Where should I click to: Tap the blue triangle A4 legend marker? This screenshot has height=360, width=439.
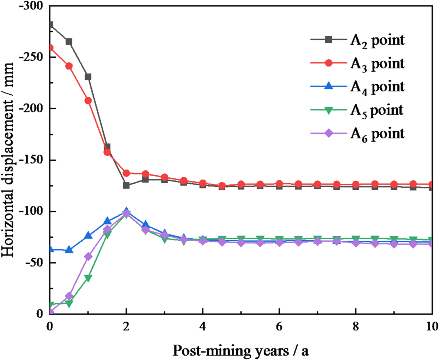coord(329,86)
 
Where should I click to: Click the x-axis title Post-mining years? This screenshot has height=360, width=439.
coord(240,350)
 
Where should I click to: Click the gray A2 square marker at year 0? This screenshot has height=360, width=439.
coord(50,25)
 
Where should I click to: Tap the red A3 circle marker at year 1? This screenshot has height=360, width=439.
coord(88,100)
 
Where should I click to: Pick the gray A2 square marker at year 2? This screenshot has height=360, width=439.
coord(126,185)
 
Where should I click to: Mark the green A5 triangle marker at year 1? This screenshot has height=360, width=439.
coord(88,278)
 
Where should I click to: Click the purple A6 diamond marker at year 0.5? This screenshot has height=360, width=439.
coord(69,296)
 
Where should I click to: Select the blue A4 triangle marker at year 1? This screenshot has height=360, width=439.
coord(88,235)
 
